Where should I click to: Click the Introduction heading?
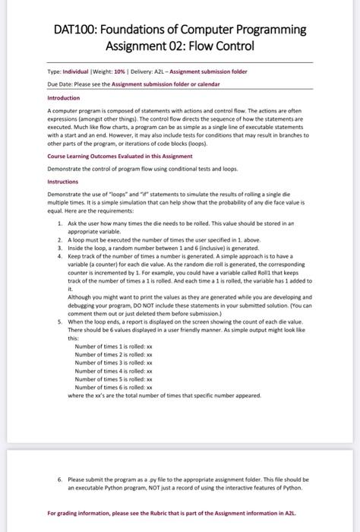click(x=64, y=98)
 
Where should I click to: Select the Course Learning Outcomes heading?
click(x=113, y=156)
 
